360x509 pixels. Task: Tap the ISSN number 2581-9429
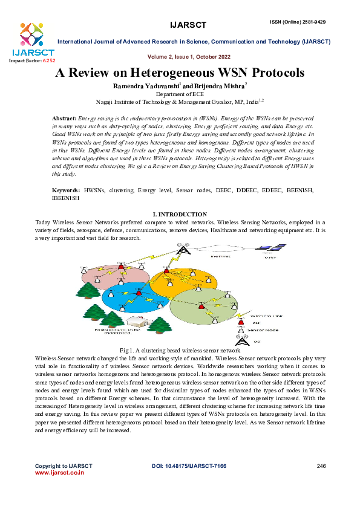[x=312, y=22]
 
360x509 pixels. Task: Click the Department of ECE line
[x=179, y=95]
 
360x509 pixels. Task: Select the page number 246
[x=321, y=465]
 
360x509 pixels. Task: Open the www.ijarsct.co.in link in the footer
[x=59, y=473]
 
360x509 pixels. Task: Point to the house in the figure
[x=113, y=319]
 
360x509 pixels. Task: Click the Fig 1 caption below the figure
[x=180, y=351]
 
